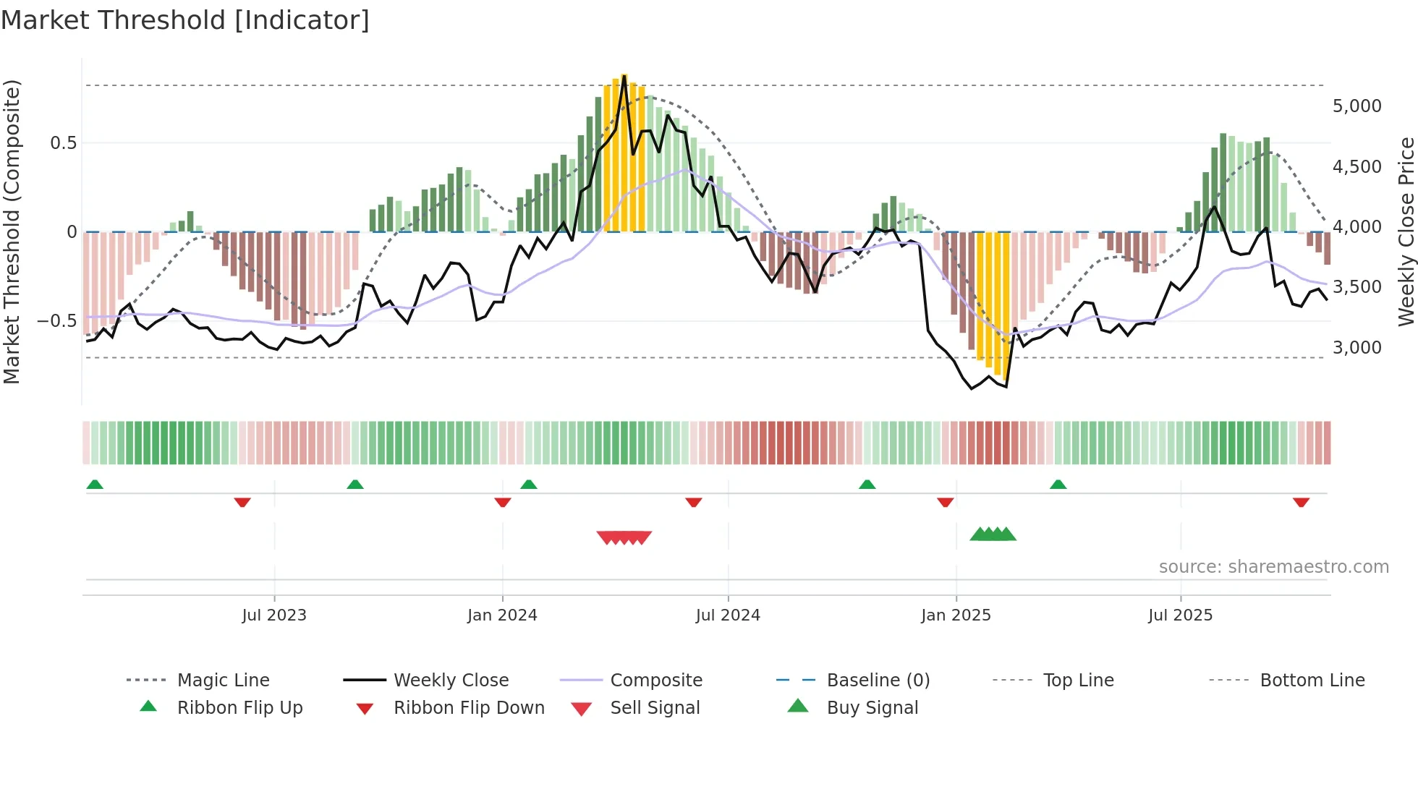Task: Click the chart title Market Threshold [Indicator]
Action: point(185,20)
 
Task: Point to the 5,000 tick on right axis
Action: point(1357,106)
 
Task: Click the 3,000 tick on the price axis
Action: point(1357,348)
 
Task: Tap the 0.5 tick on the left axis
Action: point(63,143)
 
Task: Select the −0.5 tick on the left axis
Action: point(57,320)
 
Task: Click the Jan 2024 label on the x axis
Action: point(502,615)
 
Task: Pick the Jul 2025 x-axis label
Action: point(1180,615)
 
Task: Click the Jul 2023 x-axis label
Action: point(274,615)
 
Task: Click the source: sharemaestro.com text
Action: point(1273,567)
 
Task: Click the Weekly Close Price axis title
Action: point(1406,231)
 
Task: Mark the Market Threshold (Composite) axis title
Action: point(12,231)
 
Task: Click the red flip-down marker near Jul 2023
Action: point(242,502)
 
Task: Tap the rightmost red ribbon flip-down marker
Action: point(1301,502)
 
